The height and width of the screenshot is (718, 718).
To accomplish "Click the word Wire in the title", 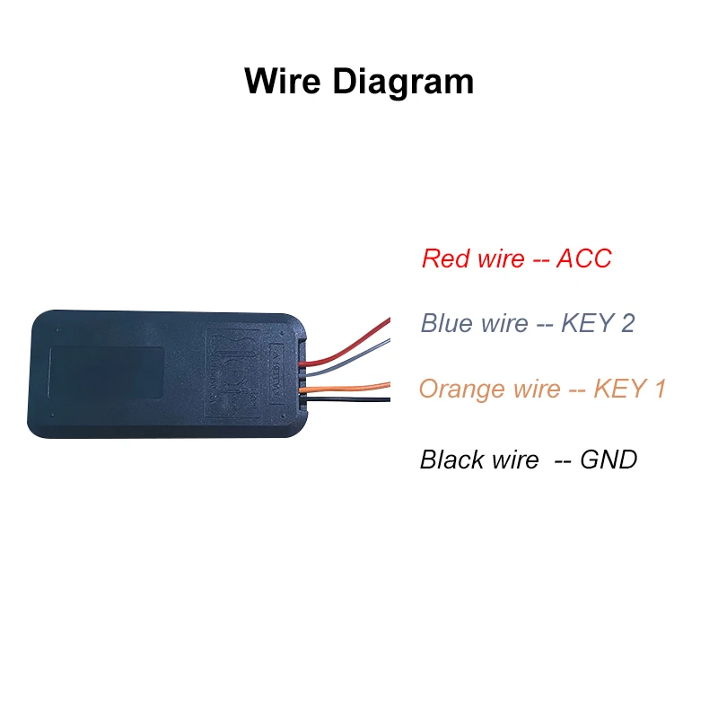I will point(284,82).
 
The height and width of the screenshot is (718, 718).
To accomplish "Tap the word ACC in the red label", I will point(583,258).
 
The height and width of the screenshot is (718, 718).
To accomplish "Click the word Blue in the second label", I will point(446,323).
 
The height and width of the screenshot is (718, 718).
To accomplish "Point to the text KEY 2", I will point(598,323).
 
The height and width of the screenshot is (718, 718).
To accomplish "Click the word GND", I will point(609,460).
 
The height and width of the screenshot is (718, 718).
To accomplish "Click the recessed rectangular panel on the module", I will point(105,374).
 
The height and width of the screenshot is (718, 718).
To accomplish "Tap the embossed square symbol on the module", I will point(237,371).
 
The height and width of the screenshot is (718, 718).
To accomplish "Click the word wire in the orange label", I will point(536,390).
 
